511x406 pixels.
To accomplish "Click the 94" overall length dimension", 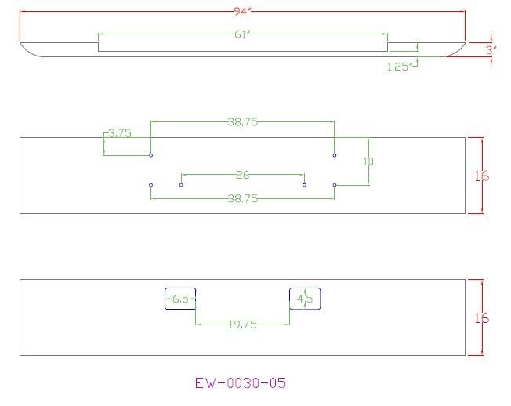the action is pyautogui.click(x=243, y=12).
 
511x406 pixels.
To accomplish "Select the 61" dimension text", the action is pyautogui.click(x=243, y=34).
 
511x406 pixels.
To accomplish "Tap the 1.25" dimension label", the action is pyautogui.click(x=399, y=67).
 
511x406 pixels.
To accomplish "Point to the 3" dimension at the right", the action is pyautogui.click(x=491, y=50).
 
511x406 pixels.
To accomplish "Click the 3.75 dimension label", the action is pyautogui.click(x=120, y=133).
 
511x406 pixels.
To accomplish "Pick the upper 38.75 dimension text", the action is pyautogui.click(x=243, y=121).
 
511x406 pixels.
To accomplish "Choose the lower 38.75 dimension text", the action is pyautogui.click(x=243, y=198).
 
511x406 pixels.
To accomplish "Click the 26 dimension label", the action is pyautogui.click(x=243, y=175).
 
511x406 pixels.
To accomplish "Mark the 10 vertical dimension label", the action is pyautogui.click(x=368, y=161).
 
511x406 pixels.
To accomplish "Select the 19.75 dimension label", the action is pyautogui.click(x=243, y=324).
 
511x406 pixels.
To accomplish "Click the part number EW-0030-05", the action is pyautogui.click(x=241, y=382).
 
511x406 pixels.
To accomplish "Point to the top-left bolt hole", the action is pyautogui.click(x=151, y=155).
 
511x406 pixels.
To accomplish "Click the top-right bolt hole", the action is pyautogui.click(x=335, y=155).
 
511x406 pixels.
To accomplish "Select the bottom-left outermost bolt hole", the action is pyautogui.click(x=151, y=185).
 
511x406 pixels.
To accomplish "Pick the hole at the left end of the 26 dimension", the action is pyautogui.click(x=181, y=185).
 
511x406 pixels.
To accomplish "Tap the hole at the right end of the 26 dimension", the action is pyautogui.click(x=304, y=185).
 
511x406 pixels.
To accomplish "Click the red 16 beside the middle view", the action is pyautogui.click(x=482, y=176).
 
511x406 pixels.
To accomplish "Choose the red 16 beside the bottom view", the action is pyautogui.click(x=482, y=317).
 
